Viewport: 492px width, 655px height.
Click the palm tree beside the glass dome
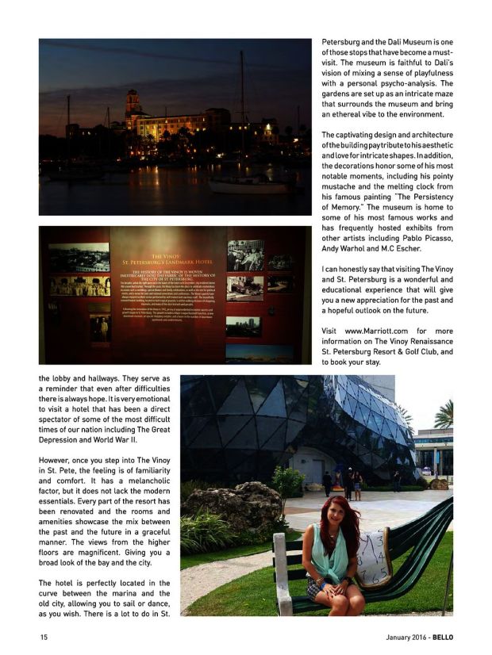pos(443,415)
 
